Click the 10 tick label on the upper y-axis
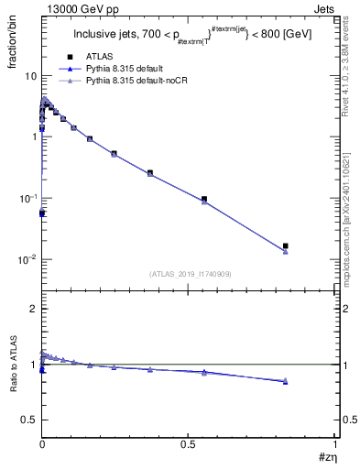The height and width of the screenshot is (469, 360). point(29,75)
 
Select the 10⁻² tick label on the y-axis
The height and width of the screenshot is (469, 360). point(27,259)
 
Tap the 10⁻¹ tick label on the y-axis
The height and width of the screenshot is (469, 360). point(27,198)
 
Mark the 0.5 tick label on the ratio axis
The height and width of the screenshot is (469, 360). point(29,420)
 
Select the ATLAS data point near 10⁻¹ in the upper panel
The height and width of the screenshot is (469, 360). point(204,199)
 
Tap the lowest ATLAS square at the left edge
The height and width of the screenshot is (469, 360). point(42,213)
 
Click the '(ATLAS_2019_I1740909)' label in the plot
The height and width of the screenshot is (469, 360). point(189,274)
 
